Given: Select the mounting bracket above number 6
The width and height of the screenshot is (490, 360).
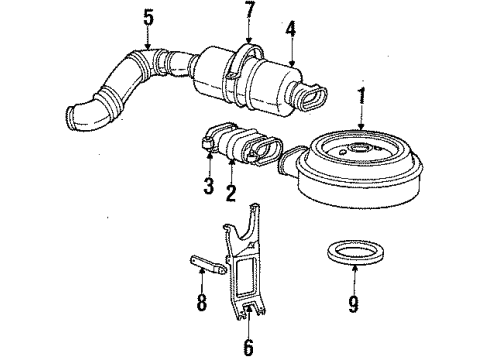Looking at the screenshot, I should pos(236,268).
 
